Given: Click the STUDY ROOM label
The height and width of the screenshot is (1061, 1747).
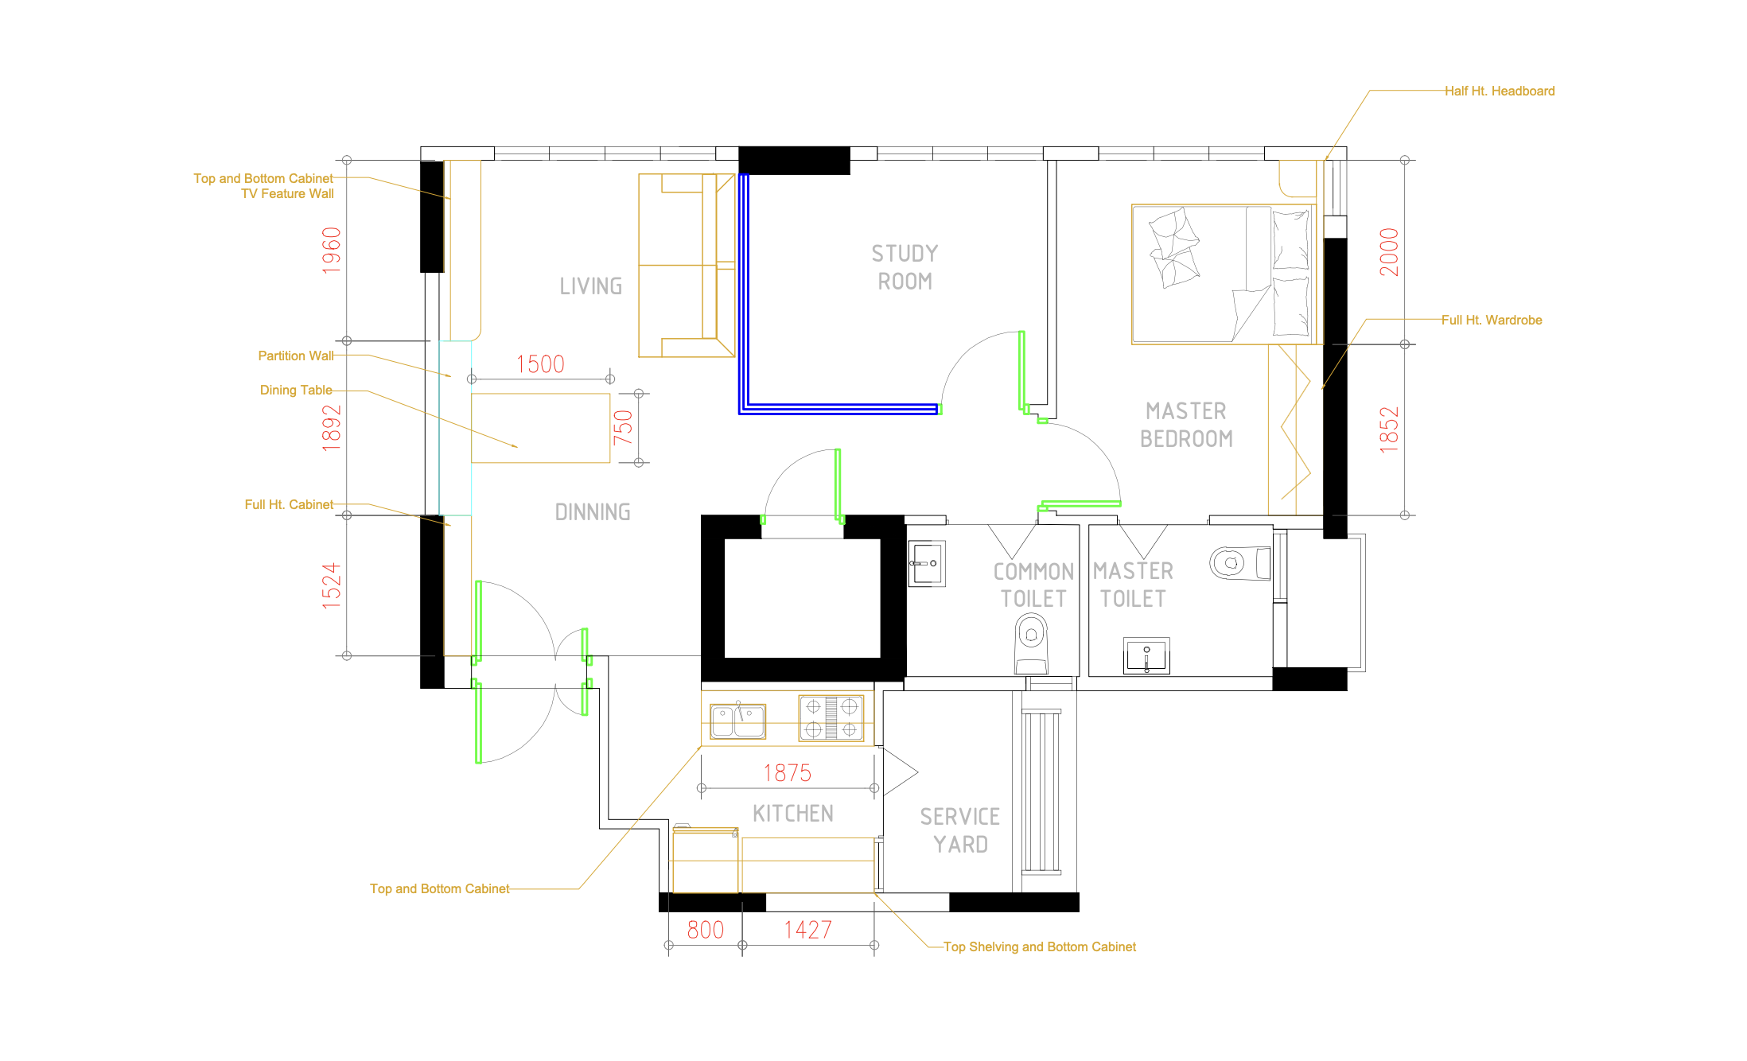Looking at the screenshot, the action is click(x=905, y=267).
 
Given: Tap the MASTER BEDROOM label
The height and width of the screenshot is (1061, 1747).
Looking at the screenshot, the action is click(x=1186, y=425).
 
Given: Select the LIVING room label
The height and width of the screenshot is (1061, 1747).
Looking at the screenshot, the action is click(x=590, y=286).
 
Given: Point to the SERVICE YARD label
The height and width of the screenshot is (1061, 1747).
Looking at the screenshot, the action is click(x=960, y=830).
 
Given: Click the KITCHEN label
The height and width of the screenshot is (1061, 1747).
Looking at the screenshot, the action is click(x=793, y=814).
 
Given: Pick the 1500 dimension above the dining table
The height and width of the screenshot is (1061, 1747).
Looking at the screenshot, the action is click(x=540, y=364).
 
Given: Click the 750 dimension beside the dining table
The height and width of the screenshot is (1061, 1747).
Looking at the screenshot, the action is click(x=623, y=427).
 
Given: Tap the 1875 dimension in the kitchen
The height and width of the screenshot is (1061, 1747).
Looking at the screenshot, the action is click(x=788, y=773).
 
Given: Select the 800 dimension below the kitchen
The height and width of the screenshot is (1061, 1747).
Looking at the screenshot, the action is click(x=706, y=930).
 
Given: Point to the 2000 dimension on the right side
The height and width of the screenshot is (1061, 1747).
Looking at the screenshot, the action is click(x=1389, y=252).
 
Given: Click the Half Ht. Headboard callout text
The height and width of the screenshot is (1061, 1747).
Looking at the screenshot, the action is click(x=1500, y=91).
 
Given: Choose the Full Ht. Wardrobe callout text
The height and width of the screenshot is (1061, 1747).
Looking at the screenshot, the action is click(x=1492, y=321).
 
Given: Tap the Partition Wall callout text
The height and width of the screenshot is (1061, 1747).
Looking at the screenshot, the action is click(x=296, y=356).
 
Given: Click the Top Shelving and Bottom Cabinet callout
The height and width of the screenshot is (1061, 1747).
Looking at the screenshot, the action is click(x=1040, y=947).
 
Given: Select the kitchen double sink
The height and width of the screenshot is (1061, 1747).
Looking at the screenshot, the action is click(x=738, y=721).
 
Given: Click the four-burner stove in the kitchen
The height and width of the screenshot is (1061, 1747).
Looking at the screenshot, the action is click(x=831, y=718).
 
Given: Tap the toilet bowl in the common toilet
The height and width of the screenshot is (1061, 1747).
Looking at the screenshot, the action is click(x=1032, y=643).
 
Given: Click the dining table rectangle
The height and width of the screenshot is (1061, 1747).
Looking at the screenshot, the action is click(x=541, y=428).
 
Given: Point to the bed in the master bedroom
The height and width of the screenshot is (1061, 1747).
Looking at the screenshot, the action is click(x=1224, y=274).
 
